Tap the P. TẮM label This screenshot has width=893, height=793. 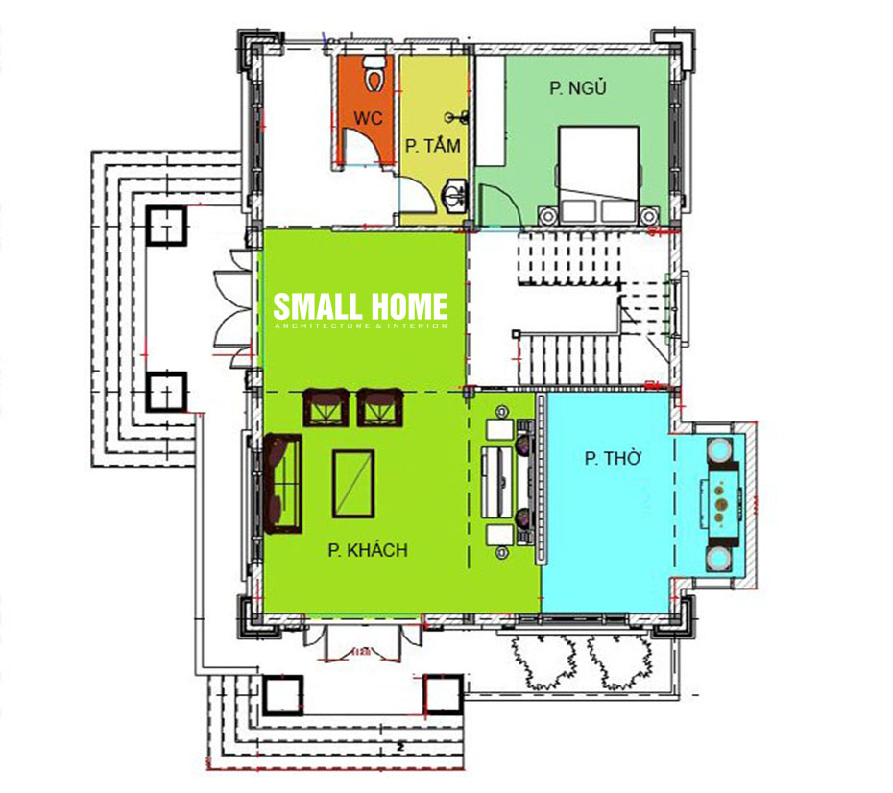[432, 147]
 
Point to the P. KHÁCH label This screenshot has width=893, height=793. [368, 550]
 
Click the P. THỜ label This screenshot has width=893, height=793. [612, 459]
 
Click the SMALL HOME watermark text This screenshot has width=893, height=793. [360, 307]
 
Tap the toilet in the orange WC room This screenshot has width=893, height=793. [375, 75]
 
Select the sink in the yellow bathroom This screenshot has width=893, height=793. [453, 197]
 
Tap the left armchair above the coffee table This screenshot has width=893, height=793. [326, 406]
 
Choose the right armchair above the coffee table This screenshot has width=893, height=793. [380, 406]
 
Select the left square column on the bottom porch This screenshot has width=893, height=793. [282, 695]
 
